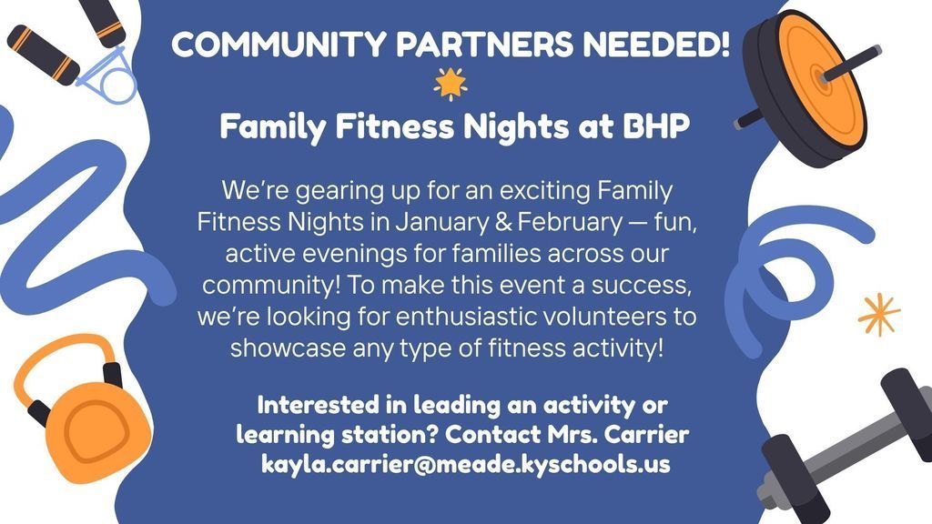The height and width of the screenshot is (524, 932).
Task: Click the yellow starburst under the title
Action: [450, 84]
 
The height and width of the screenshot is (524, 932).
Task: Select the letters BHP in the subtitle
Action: [656, 127]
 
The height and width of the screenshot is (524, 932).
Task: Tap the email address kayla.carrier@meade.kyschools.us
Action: [466, 464]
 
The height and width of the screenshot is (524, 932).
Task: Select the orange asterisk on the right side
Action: [879, 315]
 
